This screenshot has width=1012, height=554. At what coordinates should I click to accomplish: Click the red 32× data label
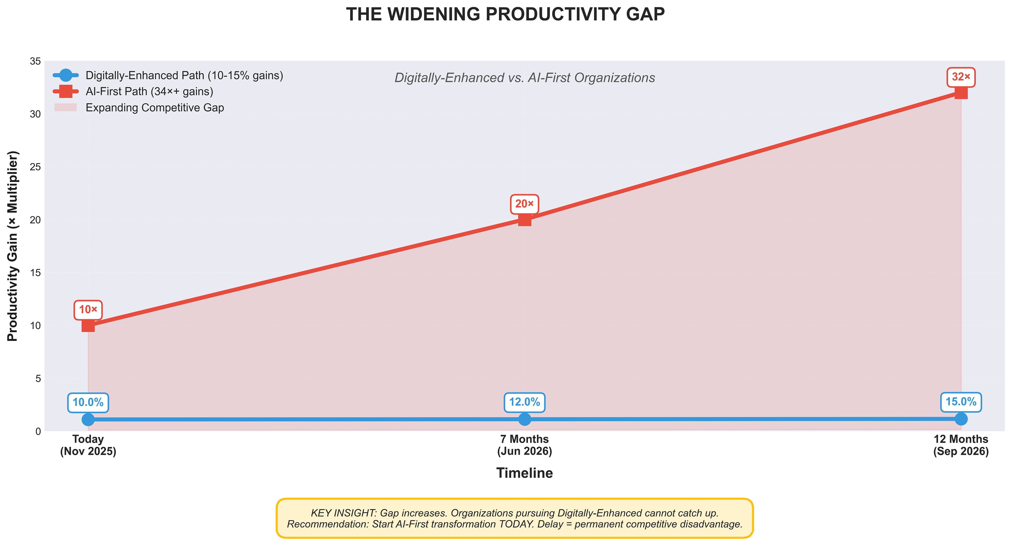[961, 77]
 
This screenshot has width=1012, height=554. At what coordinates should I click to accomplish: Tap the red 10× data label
[88, 310]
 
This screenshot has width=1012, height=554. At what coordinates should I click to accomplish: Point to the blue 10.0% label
[88, 402]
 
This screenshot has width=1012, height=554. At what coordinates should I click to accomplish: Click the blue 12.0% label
[525, 402]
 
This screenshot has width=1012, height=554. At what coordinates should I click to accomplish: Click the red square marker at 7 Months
[525, 220]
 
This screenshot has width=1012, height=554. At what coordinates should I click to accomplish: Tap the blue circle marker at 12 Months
[961, 419]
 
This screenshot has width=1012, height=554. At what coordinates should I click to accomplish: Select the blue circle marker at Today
[88, 419]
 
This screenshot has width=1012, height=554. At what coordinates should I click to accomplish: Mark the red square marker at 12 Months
[961, 93]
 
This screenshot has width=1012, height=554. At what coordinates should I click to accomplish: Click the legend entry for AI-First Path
[149, 92]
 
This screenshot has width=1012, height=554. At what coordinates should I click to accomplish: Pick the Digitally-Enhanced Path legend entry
[184, 75]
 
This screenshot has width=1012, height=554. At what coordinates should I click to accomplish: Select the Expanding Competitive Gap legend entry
[154, 108]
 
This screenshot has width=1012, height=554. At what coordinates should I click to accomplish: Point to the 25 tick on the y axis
[35, 167]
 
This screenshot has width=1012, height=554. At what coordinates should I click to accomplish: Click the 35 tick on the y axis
[35, 61]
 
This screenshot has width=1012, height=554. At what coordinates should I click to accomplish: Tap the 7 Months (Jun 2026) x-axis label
[525, 445]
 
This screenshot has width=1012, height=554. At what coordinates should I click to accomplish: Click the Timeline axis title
[525, 473]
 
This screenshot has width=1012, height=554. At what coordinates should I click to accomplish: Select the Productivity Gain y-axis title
[13, 246]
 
